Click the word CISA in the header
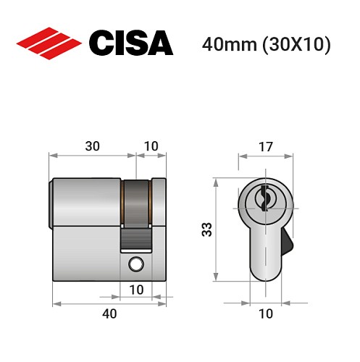point(130,44)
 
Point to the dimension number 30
point(93,146)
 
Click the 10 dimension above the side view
point(151,146)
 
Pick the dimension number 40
point(109,313)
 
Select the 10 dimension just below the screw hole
point(135,290)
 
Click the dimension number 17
point(266,146)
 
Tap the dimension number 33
point(206,230)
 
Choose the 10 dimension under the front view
point(266,313)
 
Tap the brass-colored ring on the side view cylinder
point(136,201)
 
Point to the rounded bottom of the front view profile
point(265,274)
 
